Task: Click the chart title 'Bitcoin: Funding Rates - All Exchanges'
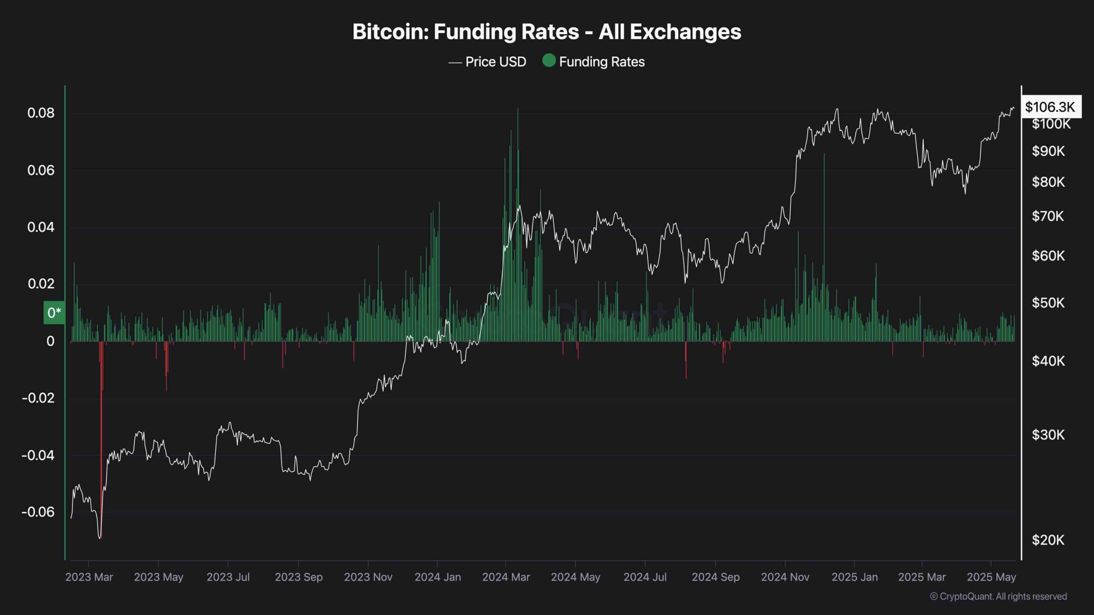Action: point(547,32)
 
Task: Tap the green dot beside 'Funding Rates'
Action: point(549,61)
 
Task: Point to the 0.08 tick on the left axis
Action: point(41,113)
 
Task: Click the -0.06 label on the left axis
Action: point(38,512)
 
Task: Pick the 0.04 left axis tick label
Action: point(41,227)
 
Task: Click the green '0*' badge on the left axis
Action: point(54,313)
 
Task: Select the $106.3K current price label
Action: point(1050,107)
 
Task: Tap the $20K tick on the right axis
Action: point(1048,540)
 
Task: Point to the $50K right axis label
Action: point(1048,303)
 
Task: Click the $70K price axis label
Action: point(1048,216)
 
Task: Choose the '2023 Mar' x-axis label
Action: point(89,577)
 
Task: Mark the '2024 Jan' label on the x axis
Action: point(438,577)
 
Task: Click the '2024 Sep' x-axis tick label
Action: point(715,577)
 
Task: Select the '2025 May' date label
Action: point(991,577)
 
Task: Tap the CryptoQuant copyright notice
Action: point(998,597)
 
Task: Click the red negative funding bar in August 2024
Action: point(686,361)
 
